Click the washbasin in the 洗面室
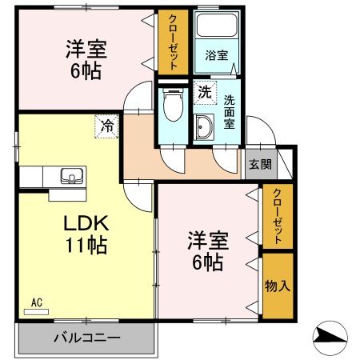(x=203, y=126)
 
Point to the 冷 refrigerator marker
(x=106, y=125)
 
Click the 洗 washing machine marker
(x=205, y=91)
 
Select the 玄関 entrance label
(x=260, y=165)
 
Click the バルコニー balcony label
(x=87, y=337)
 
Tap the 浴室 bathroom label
(x=216, y=56)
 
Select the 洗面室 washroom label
(x=229, y=108)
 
